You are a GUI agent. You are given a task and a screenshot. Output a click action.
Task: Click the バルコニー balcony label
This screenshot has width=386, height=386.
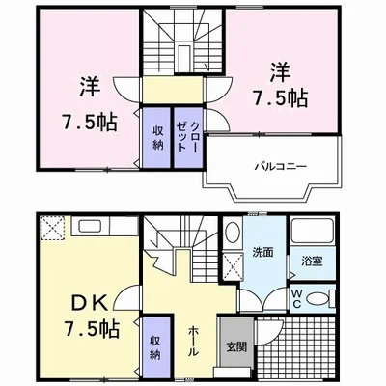click(281, 166)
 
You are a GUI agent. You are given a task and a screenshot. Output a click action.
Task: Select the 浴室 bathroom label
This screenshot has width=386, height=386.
click(312, 262)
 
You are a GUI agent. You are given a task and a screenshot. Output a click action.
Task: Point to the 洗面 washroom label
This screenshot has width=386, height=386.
click(262, 252)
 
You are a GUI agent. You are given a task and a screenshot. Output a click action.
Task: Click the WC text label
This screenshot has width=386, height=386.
click(296, 298)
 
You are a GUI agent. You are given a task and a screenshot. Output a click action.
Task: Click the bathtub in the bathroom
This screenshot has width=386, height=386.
click(312, 232)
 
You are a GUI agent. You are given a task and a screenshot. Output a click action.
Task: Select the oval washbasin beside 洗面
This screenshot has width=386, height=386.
click(233, 233)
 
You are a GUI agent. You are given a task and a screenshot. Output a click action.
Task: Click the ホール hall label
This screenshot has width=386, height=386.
click(192, 341)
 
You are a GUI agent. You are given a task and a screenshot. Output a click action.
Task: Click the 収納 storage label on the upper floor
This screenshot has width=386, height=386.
click(157, 137)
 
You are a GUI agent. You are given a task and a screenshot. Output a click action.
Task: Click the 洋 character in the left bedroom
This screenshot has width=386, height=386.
click(90, 87)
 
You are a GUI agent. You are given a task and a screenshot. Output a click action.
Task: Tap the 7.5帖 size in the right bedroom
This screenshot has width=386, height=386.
click(279, 98)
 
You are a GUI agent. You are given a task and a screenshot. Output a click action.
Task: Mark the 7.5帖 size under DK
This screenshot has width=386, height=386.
click(92, 328)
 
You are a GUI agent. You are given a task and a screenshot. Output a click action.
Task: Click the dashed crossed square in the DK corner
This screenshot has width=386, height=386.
click(52, 228)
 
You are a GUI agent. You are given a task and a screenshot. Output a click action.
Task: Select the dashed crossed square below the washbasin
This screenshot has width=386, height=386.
click(233, 266)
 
